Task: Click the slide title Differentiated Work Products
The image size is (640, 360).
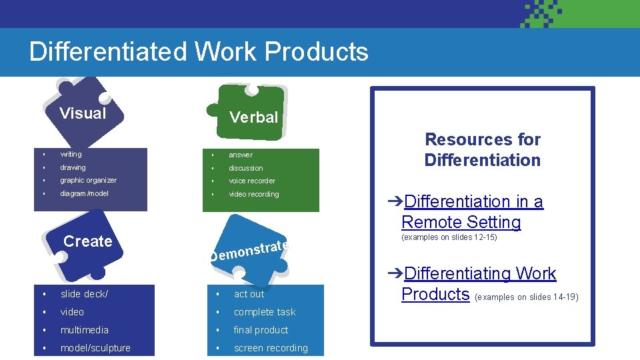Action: [199, 52]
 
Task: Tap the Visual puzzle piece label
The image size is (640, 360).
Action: [83, 113]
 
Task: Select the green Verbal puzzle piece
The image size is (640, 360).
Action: [253, 115]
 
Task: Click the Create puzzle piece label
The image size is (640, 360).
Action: [87, 241]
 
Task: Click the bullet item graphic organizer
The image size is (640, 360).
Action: [88, 181]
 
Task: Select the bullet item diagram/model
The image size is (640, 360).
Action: [84, 194]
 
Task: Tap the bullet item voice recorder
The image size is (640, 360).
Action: [252, 181]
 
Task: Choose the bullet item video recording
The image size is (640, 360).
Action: [254, 194]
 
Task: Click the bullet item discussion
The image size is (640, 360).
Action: [246, 168]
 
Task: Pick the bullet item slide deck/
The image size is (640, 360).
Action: [84, 294]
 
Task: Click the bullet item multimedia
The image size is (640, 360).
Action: [84, 330]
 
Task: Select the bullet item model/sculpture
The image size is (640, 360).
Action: [95, 348]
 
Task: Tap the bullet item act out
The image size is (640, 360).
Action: [249, 294]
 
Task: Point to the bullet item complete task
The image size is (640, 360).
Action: [264, 312]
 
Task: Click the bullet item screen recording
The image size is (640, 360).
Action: [271, 348]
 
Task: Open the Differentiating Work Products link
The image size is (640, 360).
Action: [479, 283]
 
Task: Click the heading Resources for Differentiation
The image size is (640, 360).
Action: [482, 149]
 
